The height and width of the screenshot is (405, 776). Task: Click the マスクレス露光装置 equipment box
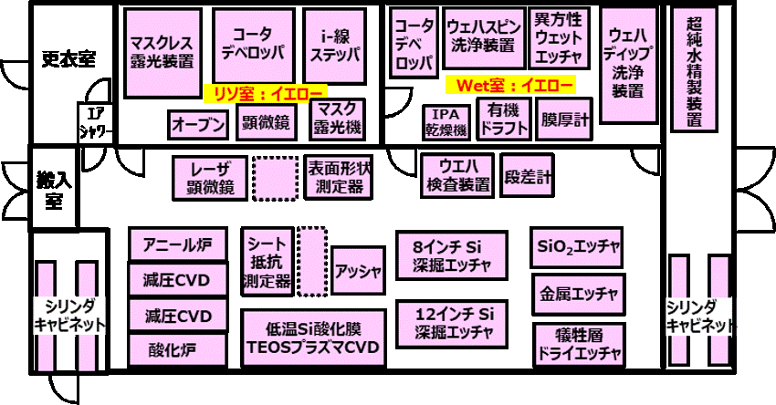tap(163, 52)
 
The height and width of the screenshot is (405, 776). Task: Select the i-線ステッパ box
tap(334, 46)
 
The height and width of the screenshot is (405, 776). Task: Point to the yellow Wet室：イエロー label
tap(510, 85)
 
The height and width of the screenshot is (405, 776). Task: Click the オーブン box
tap(198, 125)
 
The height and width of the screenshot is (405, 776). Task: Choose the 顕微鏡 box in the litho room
tap(267, 123)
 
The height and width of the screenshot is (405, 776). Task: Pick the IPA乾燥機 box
tap(446, 122)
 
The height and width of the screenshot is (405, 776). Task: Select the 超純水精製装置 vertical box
tap(694, 69)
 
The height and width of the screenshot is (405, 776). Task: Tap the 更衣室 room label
tap(68, 59)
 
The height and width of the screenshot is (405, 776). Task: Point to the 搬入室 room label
tap(54, 190)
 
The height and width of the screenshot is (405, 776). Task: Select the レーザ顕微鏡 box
tap(210, 178)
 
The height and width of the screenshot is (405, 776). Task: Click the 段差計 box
tap(527, 175)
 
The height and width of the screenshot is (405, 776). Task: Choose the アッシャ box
tap(358, 271)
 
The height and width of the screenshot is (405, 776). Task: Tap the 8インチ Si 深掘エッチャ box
tap(452, 255)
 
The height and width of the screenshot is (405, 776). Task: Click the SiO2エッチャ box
tap(577, 247)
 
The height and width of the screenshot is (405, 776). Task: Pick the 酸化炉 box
tap(178, 350)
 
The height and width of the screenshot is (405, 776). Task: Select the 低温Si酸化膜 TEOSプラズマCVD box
tap(314, 338)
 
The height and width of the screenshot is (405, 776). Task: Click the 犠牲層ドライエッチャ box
tap(579, 345)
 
